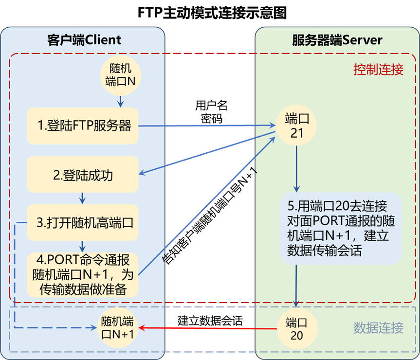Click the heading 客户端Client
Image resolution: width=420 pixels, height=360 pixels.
(x=84, y=40)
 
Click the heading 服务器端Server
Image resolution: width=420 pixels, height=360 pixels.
(x=337, y=40)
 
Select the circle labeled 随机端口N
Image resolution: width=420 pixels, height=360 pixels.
(x=120, y=74)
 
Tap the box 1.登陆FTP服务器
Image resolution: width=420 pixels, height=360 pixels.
(x=82, y=126)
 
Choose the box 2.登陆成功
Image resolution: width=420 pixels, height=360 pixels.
(x=82, y=174)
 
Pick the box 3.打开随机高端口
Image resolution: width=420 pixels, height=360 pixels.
(x=82, y=223)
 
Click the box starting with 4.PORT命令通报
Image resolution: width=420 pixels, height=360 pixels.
(x=82, y=274)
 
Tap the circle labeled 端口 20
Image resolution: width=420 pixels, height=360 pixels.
(x=296, y=329)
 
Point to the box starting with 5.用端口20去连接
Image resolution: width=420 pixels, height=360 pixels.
(x=341, y=229)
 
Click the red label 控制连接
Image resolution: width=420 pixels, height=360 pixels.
(x=378, y=70)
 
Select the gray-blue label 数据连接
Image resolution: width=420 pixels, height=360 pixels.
(x=378, y=328)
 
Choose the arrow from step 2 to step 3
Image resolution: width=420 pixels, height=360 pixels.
(x=82, y=198)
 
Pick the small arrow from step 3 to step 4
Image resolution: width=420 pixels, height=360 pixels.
(x=82, y=246)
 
